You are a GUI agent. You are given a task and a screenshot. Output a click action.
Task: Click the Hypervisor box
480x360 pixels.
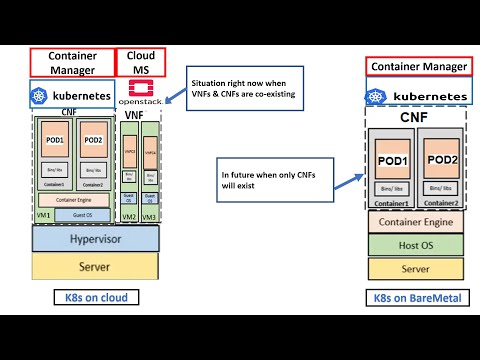(x=95, y=239)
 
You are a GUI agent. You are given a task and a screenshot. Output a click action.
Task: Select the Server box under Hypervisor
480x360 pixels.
(x=95, y=266)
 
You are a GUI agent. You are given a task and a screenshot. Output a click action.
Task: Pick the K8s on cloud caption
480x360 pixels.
(x=95, y=298)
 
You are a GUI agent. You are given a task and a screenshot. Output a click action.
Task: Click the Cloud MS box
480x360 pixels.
(x=141, y=62)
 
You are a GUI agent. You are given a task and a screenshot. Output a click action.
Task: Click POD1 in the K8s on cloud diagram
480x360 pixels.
(x=55, y=140)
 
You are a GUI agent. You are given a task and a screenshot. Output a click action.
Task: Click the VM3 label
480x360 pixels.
(x=148, y=216)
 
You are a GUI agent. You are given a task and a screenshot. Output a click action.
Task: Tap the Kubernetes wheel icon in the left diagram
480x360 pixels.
(x=41, y=95)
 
